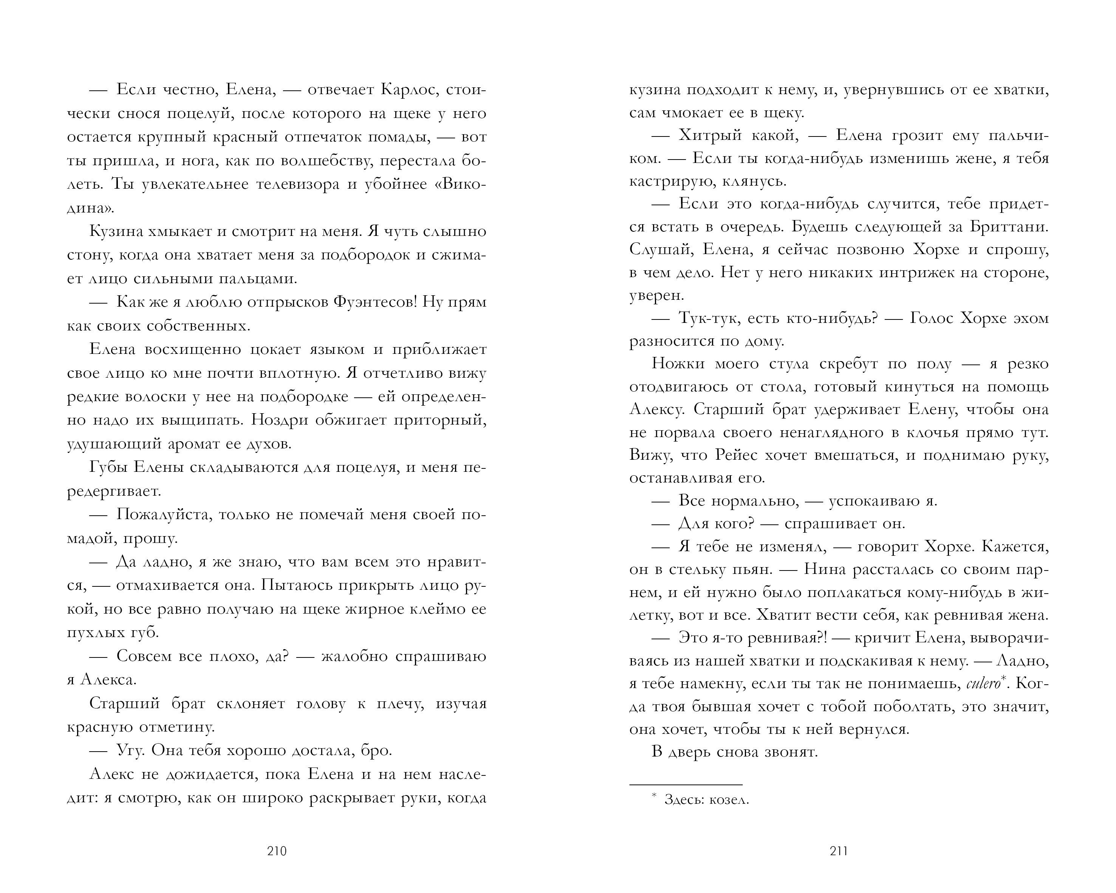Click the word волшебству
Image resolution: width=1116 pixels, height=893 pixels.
(326, 161)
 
